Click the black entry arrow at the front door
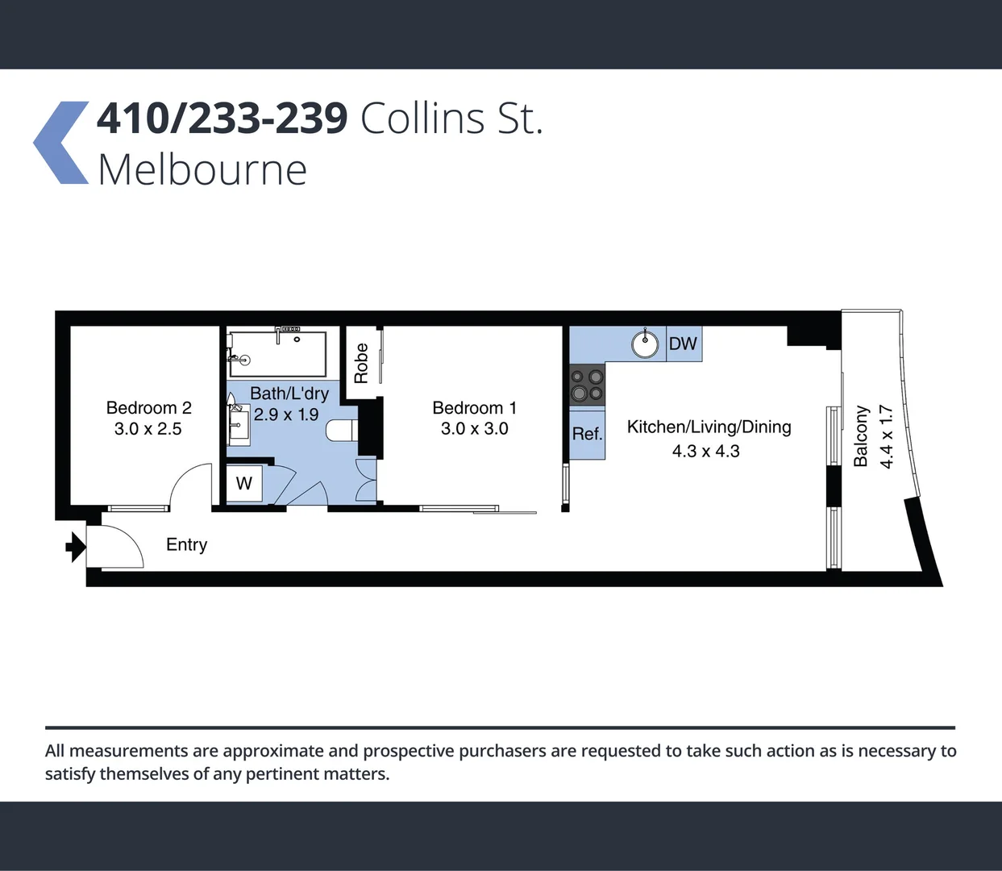(75, 547)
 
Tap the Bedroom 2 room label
(149, 408)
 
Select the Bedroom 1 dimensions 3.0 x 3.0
(474, 429)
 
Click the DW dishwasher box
(684, 344)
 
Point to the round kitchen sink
(645, 344)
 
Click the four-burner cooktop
(587, 385)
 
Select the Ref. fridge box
(588, 435)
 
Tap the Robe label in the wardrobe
(361, 363)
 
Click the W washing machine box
(244, 484)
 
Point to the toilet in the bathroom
(341, 430)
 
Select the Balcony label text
(861, 436)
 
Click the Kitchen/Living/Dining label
(709, 427)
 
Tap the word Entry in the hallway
(186, 545)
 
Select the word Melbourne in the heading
(202, 171)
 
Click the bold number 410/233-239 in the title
(222, 119)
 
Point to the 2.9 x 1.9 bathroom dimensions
(286, 415)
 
